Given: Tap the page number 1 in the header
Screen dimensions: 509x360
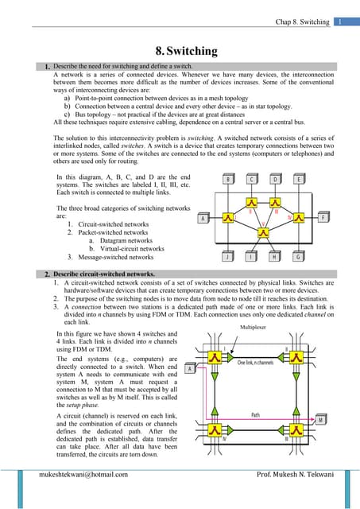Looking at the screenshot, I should click(338, 21).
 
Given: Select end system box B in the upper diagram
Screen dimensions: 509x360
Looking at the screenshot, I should click(229, 180).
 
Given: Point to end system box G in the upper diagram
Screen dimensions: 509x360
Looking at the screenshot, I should click(298, 257).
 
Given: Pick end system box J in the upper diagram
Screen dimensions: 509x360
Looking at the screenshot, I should click(229, 257).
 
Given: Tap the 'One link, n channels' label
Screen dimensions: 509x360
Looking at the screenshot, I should click(261, 363).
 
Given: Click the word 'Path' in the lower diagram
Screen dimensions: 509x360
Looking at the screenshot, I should click(256, 414).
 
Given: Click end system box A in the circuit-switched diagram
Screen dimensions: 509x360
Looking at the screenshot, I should click(190, 368).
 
